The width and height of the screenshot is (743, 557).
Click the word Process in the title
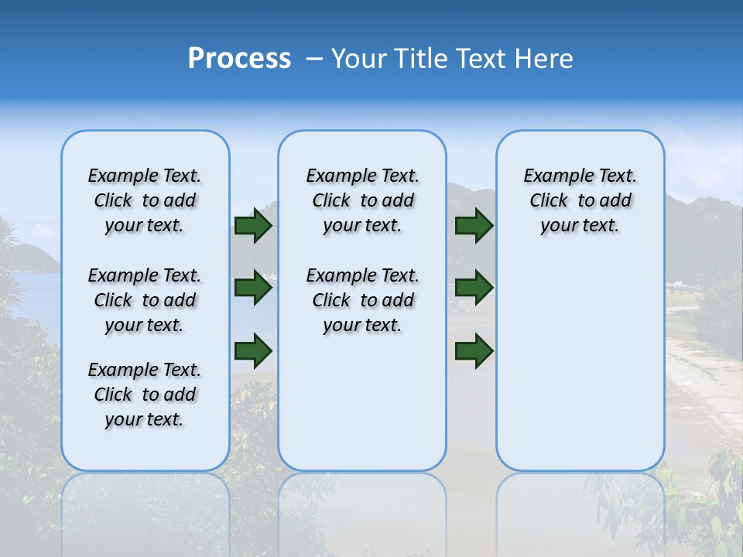pyautogui.click(x=239, y=59)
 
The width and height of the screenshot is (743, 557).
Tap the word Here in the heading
pyautogui.click(x=544, y=59)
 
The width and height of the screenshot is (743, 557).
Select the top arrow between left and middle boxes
pyautogui.click(x=253, y=226)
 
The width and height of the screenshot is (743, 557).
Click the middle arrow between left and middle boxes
pyautogui.click(x=253, y=288)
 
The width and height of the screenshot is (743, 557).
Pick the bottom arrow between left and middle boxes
pyautogui.click(x=253, y=351)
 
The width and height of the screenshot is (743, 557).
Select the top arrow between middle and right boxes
pyautogui.click(x=474, y=226)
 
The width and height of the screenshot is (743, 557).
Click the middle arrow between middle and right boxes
pyautogui.click(x=474, y=288)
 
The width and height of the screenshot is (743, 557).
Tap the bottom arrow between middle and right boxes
pyautogui.click(x=474, y=351)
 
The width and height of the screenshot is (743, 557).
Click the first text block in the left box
pyautogui.click(x=145, y=200)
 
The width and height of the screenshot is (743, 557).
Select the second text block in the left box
pyautogui.click(x=145, y=300)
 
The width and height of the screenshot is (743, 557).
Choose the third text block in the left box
pyautogui.click(x=145, y=395)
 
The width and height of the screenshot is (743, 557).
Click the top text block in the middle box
pyautogui.click(x=362, y=200)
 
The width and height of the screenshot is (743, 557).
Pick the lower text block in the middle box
pyautogui.click(x=362, y=300)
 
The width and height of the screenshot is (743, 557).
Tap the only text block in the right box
pyautogui.click(x=580, y=200)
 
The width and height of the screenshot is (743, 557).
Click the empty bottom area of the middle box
pyautogui.click(x=362, y=410)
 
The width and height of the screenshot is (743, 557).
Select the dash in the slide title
pyautogui.click(x=314, y=59)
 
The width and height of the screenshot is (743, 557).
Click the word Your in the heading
pyautogui.click(x=358, y=59)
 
